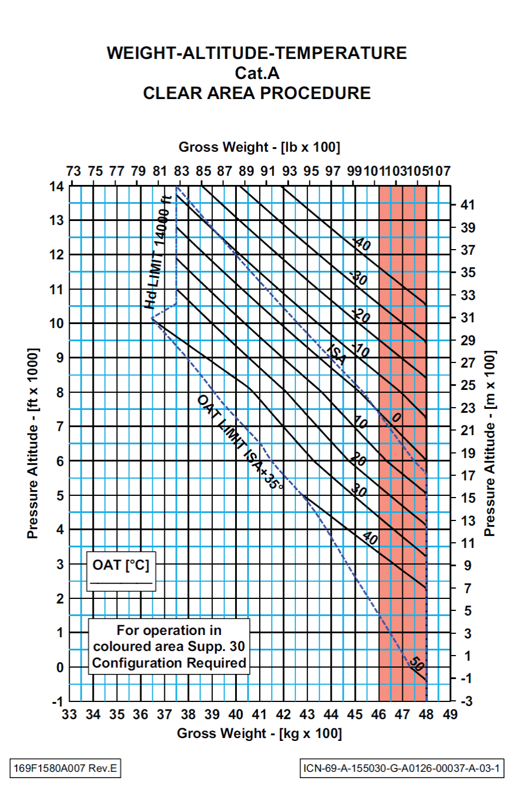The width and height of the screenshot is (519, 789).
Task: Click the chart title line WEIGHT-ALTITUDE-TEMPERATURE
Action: [x=256, y=53]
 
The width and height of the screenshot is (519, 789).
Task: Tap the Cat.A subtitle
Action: [x=257, y=73]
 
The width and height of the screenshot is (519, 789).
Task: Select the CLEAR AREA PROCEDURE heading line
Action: [x=257, y=93]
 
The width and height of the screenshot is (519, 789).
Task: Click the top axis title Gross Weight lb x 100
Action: [x=259, y=147]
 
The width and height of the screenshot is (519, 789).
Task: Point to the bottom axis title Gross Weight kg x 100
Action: [x=259, y=733]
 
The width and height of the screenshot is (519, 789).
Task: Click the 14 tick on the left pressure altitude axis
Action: [x=57, y=187]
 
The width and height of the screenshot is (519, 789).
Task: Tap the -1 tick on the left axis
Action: [x=57, y=701]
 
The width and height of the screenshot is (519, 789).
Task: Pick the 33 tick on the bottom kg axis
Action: [x=69, y=715]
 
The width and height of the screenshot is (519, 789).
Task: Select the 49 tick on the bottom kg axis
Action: [x=450, y=715]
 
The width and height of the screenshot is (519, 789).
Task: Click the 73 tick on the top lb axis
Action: [x=73, y=171]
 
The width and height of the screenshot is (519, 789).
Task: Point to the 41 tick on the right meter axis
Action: [x=468, y=205]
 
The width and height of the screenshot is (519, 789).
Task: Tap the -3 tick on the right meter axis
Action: [x=466, y=701]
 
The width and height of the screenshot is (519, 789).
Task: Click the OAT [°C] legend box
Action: [x=121, y=570]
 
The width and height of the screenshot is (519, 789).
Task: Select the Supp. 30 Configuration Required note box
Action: [x=169, y=646]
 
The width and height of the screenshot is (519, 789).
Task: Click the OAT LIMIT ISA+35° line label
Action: [x=240, y=442]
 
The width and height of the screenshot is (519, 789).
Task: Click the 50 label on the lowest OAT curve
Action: [x=417, y=664]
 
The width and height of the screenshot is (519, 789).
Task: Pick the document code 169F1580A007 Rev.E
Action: [x=65, y=768]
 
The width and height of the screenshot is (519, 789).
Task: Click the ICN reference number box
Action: [x=402, y=768]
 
